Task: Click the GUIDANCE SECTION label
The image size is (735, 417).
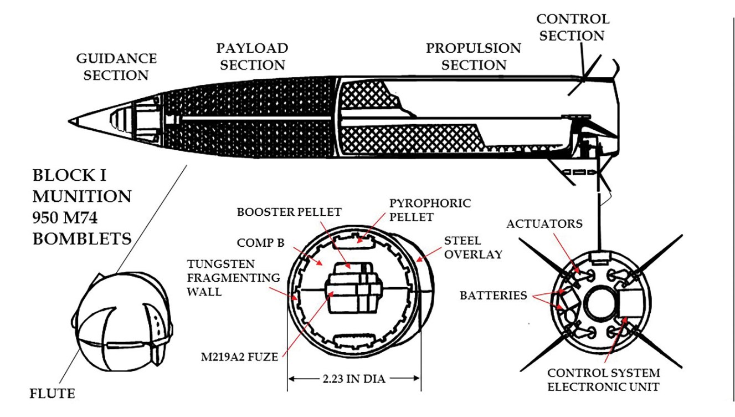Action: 116,67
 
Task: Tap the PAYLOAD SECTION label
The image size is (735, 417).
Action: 252,56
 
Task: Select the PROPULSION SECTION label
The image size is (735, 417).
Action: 473,56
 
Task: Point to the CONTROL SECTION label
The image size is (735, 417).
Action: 572,27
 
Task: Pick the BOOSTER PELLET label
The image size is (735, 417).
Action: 289,212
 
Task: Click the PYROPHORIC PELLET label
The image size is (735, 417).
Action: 429,210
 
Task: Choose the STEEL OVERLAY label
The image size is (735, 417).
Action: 472,248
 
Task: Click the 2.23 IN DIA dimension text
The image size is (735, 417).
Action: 354,379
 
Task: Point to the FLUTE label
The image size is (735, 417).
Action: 52,394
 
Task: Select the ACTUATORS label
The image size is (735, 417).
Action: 544,223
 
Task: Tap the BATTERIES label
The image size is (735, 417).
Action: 493,296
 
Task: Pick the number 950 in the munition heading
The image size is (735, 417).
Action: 52,217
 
